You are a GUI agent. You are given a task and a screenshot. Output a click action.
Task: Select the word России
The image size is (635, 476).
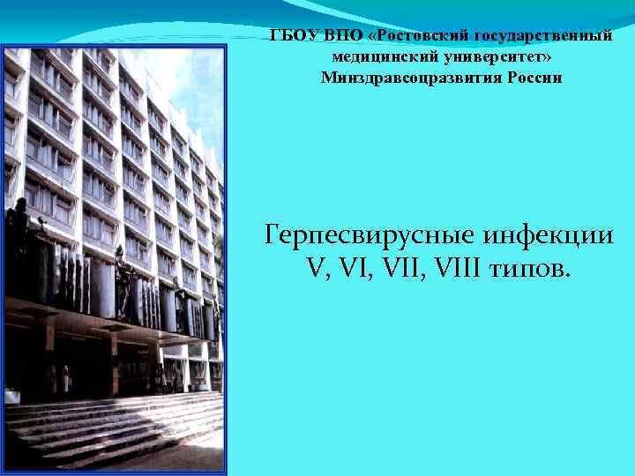532,78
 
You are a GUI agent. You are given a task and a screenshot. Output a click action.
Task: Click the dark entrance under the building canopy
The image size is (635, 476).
88,361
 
